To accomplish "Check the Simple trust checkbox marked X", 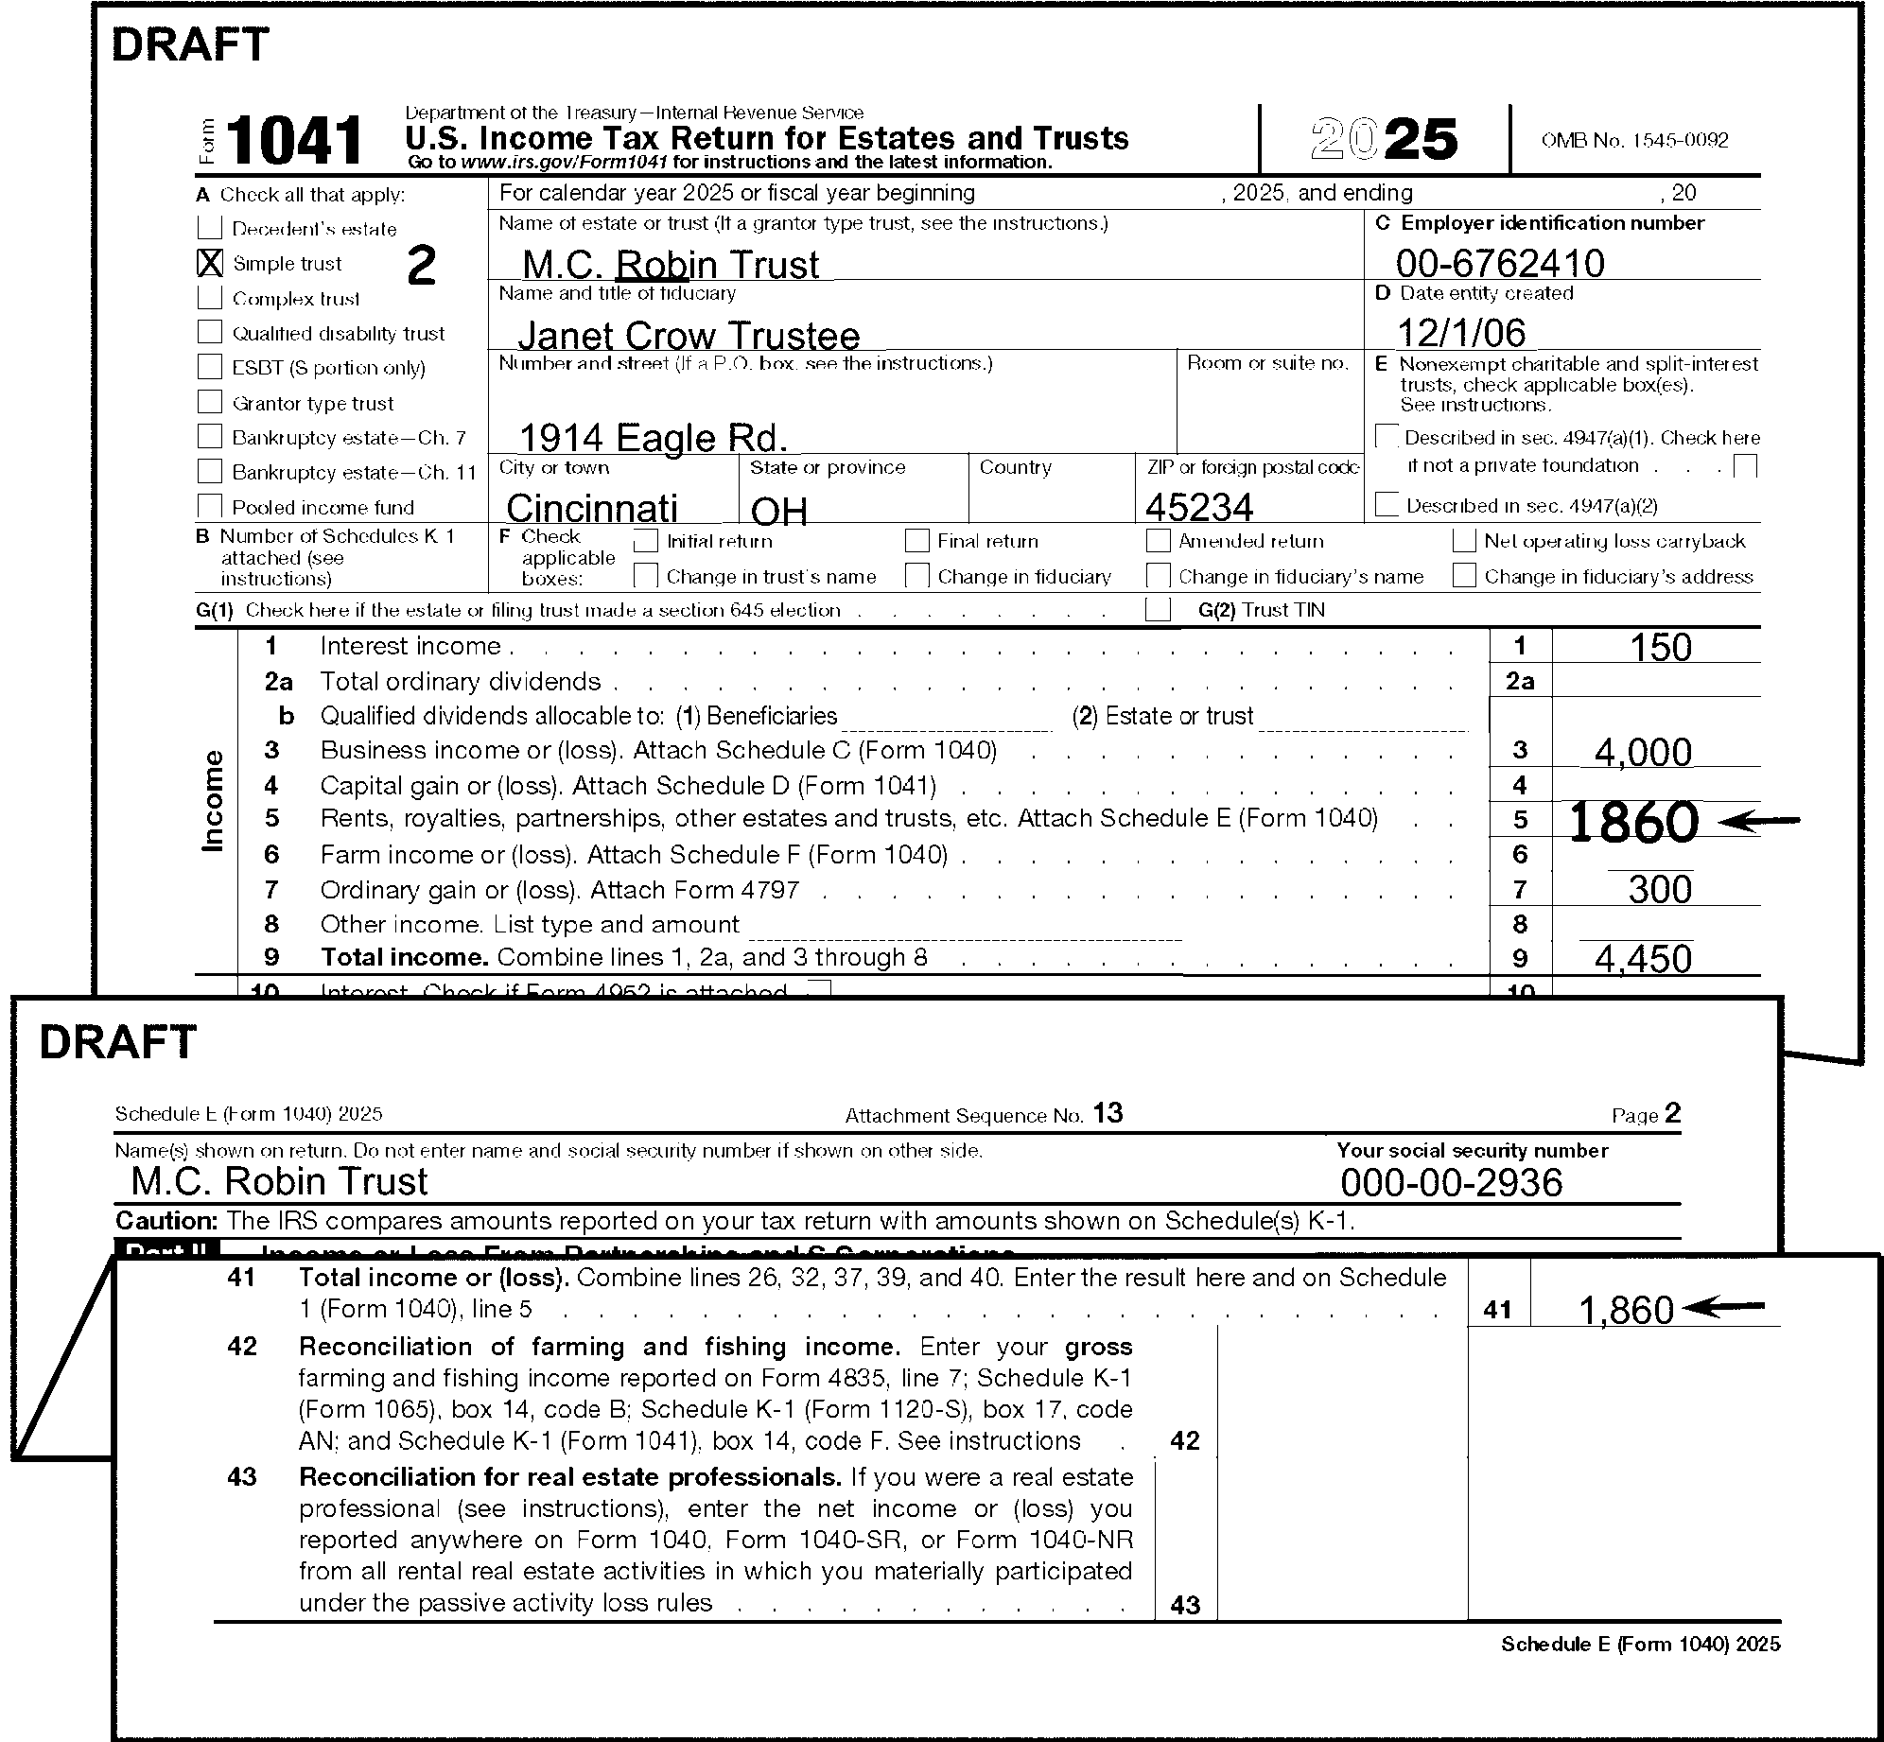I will pyautogui.click(x=209, y=263).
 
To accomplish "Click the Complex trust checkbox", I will pyautogui.click(x=209, y=298).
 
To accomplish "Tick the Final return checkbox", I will pyautogui.click(x=916, y=541).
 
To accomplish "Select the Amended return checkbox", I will pyautogui.click(x=1158, y=541).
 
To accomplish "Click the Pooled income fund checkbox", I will pyautogui.click(x=209, y=507).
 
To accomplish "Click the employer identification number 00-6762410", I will pyautogui.click(x=1500, y=263).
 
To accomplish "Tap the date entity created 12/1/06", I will pyautogui.click(x=1461, y=333).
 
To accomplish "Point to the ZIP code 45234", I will pyautogui.click(x=1199, y=508).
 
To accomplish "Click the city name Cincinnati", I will pyautogui.click(x=592, y=509).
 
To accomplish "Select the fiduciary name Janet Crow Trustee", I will pyautogui.click(x=689, y=336).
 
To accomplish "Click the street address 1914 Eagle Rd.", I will pyautogui.click(x=654, y=438).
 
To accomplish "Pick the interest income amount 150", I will pyautogui.click(x=1660, y=648).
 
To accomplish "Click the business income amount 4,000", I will pyautogui.click(x=1643, y=753).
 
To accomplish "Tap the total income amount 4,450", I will pyautogui.click(x=1643, y=959).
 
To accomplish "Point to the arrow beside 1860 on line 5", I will pyautogui.click(x=1758, y=823).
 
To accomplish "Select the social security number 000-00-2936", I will pyautogui.click(x=1451, y=1183).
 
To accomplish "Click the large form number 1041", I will pyautogui.click(x=294, y=141).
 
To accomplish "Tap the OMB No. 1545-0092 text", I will pyautogui.click(x=1634, y=141).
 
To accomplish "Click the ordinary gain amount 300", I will pyautogui.click(x=1660, y=890).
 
